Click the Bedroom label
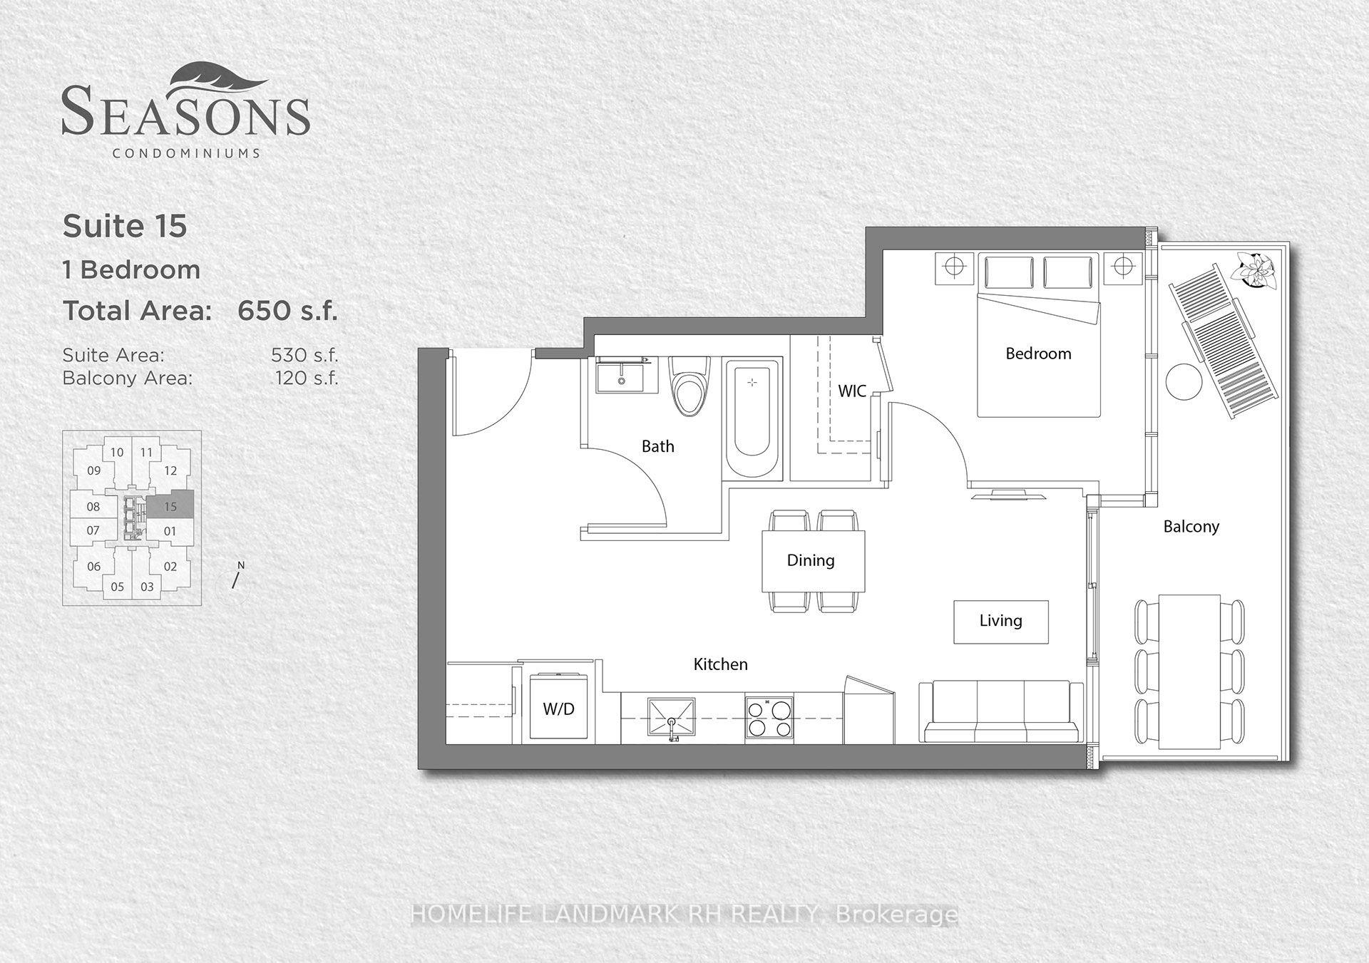pyautogui.click(x=1038, y=354)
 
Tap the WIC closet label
pyautogui.click(x=852, y=391)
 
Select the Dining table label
pyautogui.click(x=811, y=560)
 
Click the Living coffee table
pyautogui.click(x=1001, y=622)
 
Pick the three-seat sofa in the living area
pyautogui.click(x=1001, y=712)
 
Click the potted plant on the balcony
pyautogui.click(x=1258, y=271)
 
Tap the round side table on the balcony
pyautogui.click(x=1184, y=382)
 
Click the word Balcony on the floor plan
pyautogui.click(x=1191, y=527)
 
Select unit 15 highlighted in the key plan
pyautogui.click(x=170, y=506)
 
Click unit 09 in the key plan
pyautogui.click(x=94, y=470)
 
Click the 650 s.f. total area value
pyautogui.click(x=287, y=311)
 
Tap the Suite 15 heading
pyautogui.click(x=125, y=226)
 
